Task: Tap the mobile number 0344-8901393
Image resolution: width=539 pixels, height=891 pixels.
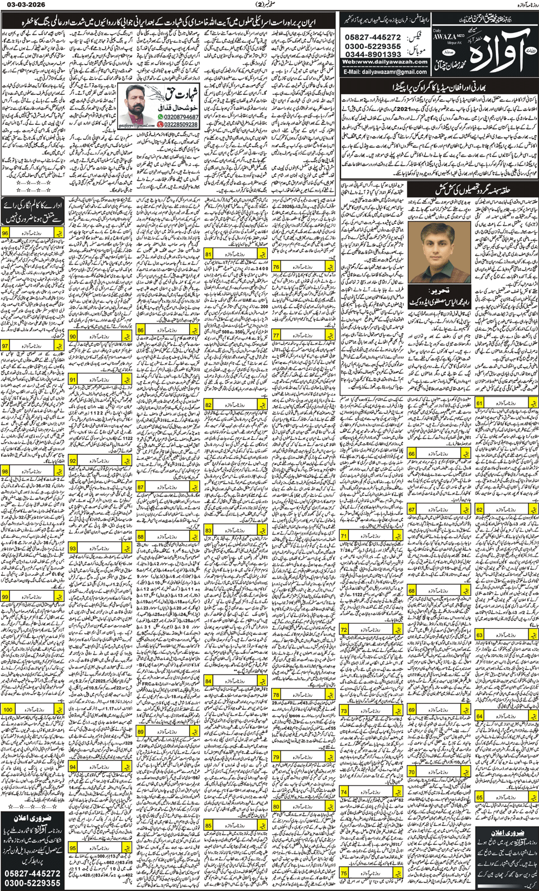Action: (373, 54)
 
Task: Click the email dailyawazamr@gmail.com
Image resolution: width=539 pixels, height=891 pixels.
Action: (385, 72)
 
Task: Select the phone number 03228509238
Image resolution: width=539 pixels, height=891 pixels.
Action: (178, 124)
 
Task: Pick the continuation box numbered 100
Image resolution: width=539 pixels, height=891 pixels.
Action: (33, 710)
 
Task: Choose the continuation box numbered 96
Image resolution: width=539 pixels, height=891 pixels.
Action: (33, 232)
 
